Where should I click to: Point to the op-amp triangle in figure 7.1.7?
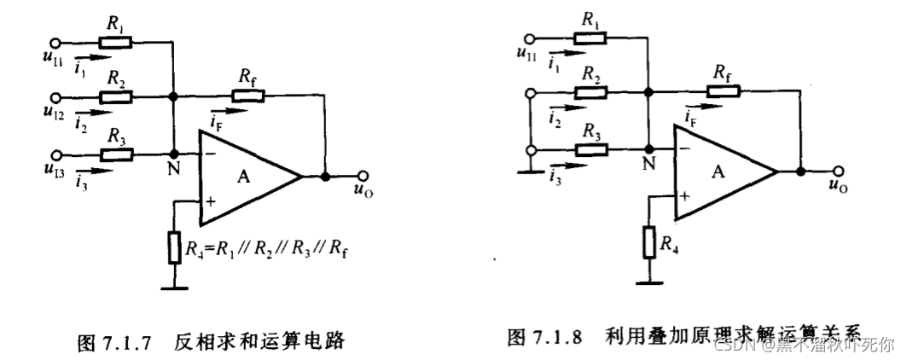[x=247, y=177]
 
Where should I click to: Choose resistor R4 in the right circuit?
[x=649, y=242]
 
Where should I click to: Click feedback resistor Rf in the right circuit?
[x=722, y=90]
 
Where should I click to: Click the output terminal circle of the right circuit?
[x=838, y=170]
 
